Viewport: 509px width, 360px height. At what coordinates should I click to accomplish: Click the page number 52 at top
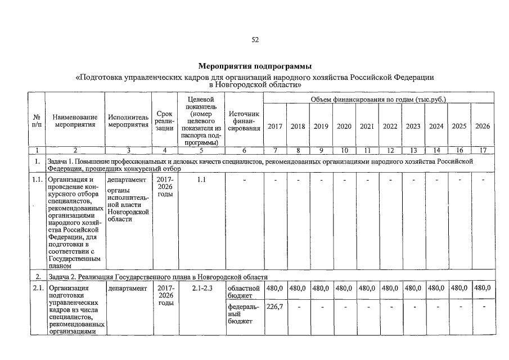pyautogui.click(x=255, y=39)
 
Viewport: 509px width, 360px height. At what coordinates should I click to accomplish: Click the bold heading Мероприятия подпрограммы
pyautogui.click(x=255, y=67)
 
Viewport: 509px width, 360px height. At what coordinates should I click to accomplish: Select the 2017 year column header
pyautogui.click(x=274, y=126)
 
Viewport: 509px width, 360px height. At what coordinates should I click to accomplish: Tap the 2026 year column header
pyautogui.click(x=483, y=126)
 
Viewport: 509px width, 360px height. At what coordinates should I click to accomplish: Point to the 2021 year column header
pyautogui.click(x=367, y=126)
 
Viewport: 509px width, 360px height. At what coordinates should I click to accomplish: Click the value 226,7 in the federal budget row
pyautogui.click(x=274, y=307)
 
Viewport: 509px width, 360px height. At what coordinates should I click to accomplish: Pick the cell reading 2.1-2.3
pyautogui.click(x=202, y=288)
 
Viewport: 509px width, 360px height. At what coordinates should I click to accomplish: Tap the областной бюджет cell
pyautogui.click(x=244, y=292)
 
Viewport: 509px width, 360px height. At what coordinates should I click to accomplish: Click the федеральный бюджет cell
pyautogui.click(x=243, y=314)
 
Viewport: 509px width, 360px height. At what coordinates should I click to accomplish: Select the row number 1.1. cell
pyautogui.click(x=37, y=180)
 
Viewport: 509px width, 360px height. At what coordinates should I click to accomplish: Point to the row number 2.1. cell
pyautogui.click(x=37, y=288)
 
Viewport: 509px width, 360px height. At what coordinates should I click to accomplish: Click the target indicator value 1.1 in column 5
pyautogui.click(x=202, y=180)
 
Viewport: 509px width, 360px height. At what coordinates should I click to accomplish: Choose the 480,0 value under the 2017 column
pyautogui.click(x=274, y=288)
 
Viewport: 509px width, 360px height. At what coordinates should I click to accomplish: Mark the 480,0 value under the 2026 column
pyautogui.click(x=483, y=288)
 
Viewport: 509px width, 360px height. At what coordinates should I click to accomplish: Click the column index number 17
pyautogui.click(x=483, y=150)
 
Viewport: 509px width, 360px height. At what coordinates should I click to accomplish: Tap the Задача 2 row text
pyautogui.click(x=157, y=277)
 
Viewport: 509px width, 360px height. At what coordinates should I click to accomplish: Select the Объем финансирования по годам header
pyautogui.click(x=378, y=99)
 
